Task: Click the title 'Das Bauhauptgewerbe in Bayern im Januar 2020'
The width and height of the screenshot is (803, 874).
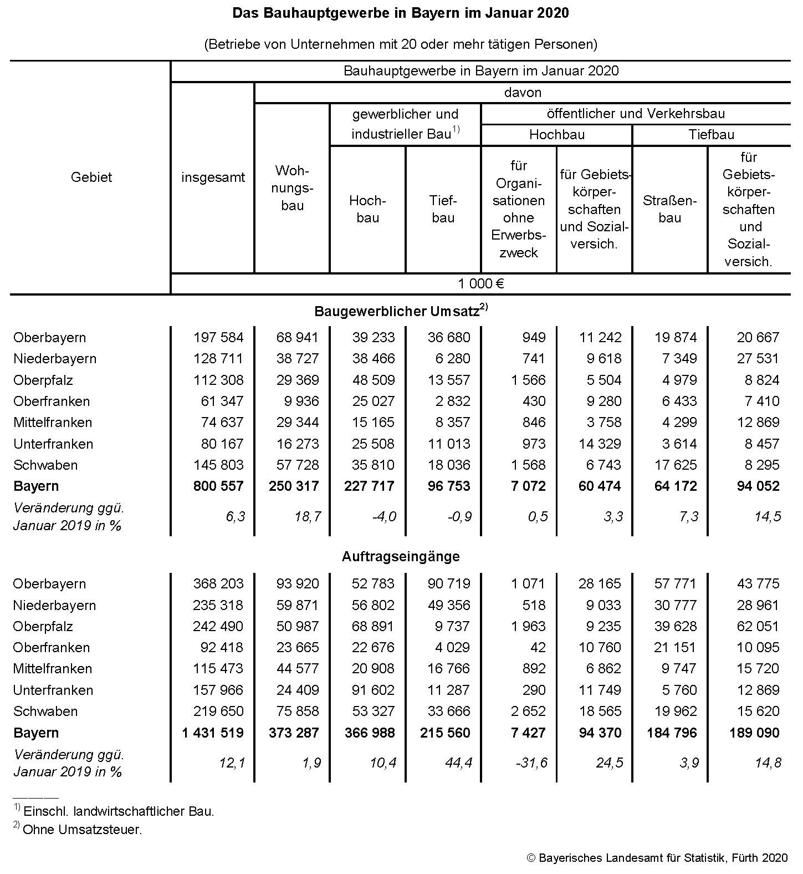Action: click(400, 13)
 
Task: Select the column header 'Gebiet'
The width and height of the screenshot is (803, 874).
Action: click(91, 177)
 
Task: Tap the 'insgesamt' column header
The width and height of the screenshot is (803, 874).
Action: click(213, 178)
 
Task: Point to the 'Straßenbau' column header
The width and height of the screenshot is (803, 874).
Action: click(669, 209)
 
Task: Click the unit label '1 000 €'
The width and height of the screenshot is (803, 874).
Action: click(480, 284)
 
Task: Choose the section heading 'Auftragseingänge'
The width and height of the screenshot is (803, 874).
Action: click(401, 556)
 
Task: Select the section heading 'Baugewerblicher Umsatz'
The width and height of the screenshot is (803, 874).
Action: click(397, 311)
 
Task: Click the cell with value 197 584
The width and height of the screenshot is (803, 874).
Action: click(218, 337)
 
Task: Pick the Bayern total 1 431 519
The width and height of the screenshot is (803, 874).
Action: click(213, 733)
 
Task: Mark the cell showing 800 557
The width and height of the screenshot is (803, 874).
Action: click(218, 486)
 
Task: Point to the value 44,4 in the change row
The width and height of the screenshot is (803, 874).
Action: click(458, 763)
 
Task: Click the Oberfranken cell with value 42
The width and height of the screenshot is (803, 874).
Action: click(537, 648)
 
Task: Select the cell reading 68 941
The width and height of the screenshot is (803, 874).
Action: click(298, 337)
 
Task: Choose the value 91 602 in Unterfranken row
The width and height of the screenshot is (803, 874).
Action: click(373, 690)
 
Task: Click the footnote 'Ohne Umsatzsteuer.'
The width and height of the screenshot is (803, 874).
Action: click(82, 830)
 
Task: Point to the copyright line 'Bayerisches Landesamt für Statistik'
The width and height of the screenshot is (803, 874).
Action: click(656, 858)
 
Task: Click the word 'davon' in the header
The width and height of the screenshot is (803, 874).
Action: click(523, 93)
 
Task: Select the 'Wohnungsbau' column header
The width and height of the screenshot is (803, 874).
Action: click(292, 187)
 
